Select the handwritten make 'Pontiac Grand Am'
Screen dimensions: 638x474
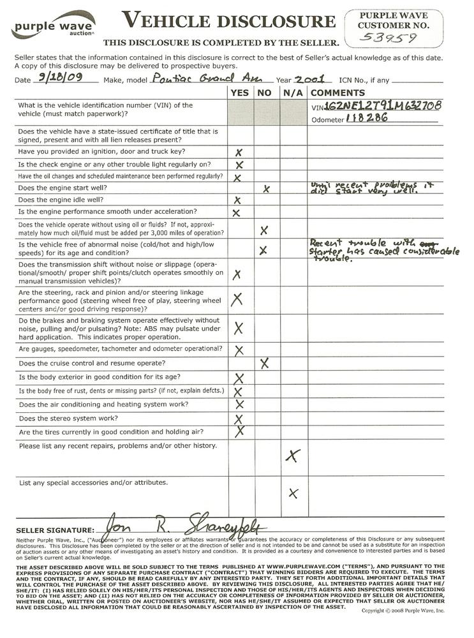coord(198,79)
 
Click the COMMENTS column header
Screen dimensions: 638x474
coord(337,93)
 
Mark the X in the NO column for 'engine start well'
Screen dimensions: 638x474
coord(267,189)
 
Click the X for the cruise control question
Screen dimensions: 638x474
coord(265,363)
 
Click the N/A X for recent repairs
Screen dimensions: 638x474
coord(293,456)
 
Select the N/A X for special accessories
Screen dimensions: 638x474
coord(293,493)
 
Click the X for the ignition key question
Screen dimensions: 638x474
coord(240,153)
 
